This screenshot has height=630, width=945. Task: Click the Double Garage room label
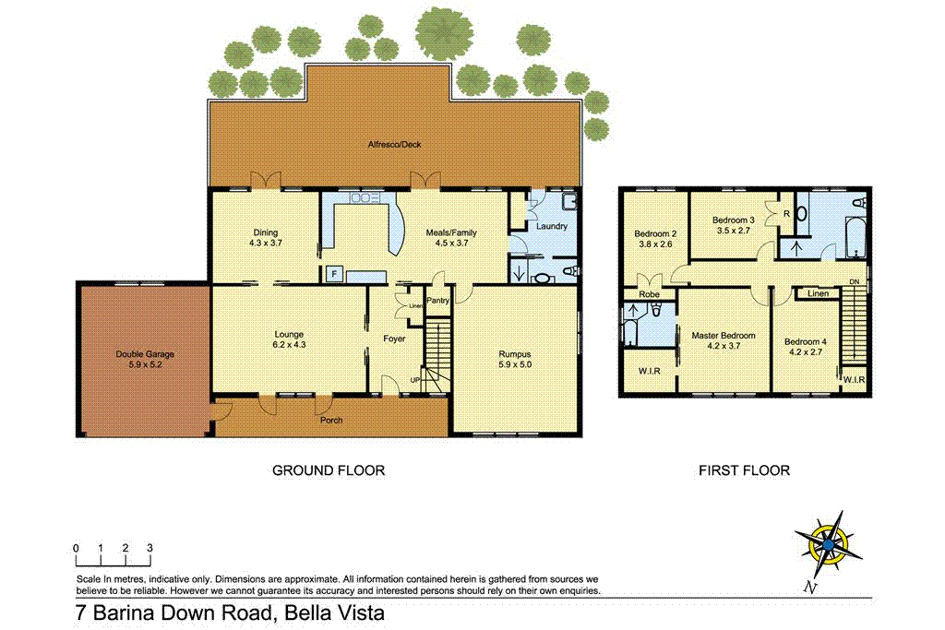pos(145,353)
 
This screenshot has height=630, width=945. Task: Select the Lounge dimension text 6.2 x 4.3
pos(289,346)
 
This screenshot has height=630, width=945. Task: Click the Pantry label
pos(437,300)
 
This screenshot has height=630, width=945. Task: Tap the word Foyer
pos(395,339)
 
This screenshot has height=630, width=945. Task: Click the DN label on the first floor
pos(855,282)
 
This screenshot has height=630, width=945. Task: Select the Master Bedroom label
pos(724,336)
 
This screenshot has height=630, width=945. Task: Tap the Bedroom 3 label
pos(734,220)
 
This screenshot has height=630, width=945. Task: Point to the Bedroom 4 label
pos(805,341)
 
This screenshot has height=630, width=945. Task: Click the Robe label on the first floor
pos(649,295)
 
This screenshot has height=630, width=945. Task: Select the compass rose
pos(827,544)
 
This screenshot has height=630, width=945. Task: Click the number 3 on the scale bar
pos(150,548)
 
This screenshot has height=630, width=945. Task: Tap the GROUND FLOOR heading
pos(328,470)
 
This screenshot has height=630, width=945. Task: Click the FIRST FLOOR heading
pos(744,470)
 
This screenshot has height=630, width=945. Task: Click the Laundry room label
pos(550,226)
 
